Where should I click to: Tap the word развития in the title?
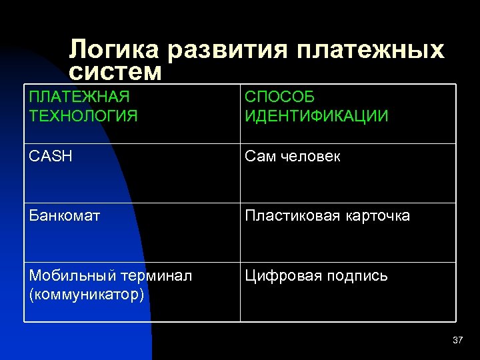226,49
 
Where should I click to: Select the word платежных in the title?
367,49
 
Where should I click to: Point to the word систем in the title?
115,71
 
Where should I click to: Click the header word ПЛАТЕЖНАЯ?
79,97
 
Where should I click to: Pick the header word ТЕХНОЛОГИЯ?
83,116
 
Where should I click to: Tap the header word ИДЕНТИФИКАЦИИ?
317,116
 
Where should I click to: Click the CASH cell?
51,157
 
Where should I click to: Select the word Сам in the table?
259,157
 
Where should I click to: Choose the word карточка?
377,216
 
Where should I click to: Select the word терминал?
155,275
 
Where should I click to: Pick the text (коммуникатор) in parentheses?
86,294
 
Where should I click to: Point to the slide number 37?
457,341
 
